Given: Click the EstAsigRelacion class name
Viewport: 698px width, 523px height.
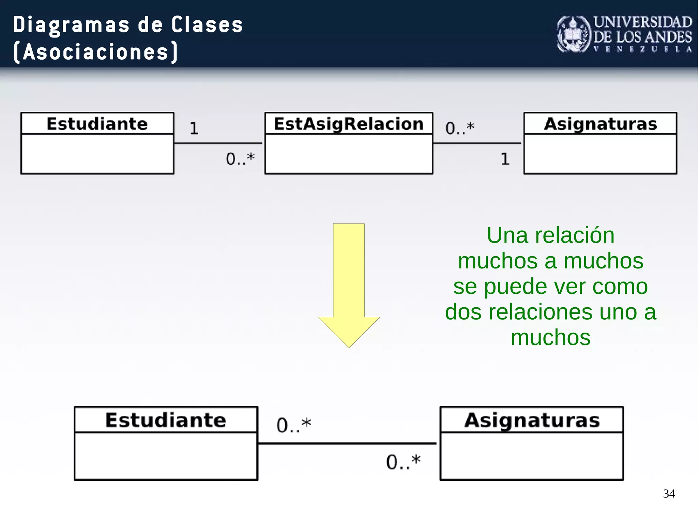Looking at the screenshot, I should point(349,124).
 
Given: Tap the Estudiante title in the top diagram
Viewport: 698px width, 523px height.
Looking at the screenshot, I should point(97,124).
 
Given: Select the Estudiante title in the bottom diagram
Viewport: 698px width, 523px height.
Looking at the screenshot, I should point(166,420).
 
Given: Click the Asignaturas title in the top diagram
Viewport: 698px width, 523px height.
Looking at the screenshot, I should point(600,124).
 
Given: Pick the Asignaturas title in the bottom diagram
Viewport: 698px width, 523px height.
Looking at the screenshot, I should point(532,420).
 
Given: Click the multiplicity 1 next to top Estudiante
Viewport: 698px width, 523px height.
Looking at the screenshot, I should point(194,128).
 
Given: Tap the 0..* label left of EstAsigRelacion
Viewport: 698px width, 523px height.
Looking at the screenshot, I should point(240,159).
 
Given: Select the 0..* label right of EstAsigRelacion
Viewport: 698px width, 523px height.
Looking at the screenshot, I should point(460,128).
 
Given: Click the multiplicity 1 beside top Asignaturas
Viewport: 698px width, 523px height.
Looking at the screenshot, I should point(505,159).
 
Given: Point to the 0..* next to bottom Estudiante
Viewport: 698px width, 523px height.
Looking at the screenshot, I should point(293,425).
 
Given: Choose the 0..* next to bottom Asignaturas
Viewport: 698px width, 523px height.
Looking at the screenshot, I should point(403,462).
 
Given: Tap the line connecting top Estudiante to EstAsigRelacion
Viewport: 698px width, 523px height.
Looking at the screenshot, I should point(218,143).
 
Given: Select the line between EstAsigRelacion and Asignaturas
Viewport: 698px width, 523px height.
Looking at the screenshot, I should point(477,143).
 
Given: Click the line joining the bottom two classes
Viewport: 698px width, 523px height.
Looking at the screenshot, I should point(347,443).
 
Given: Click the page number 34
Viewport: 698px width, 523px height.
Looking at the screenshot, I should point(669,494).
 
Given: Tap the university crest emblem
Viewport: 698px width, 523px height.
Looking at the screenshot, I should point(573,34).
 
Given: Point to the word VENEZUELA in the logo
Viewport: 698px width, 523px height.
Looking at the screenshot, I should point(642,49).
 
